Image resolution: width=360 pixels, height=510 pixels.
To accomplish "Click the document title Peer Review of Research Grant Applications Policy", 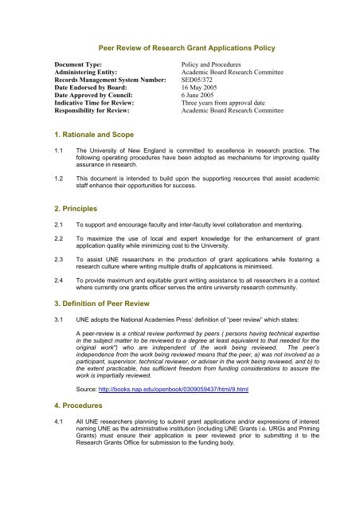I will click(x=180, y=48).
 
